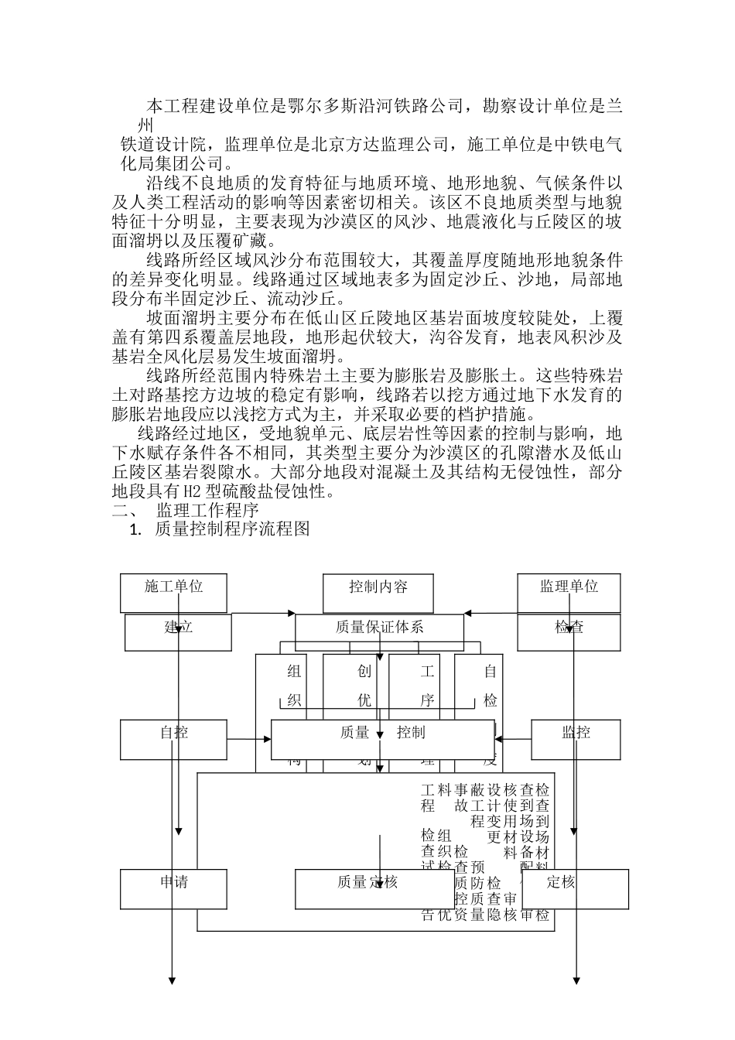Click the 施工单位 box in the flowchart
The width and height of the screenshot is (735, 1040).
click(x=174, y=593)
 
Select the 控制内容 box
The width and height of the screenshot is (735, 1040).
click(x=378, y=593)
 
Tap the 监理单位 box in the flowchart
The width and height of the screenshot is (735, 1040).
click(x=569, y=593)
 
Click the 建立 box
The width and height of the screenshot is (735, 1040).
click(x=178, y=631)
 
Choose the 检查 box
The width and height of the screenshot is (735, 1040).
click(x=569, y=631)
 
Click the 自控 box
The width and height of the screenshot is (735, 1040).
click(x=174, y=739)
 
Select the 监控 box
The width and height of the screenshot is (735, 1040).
click(x=576, y=739)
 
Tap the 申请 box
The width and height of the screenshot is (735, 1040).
click(x=174, y=888)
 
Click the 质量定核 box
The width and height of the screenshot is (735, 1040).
click(x=367, y=888)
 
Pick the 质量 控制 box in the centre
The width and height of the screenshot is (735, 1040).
click(x=382, y=739)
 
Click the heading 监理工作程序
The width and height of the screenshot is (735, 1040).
click(x=207, y=511)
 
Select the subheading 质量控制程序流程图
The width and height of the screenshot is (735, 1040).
click(x=232, y=529)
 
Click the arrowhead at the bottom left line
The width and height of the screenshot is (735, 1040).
click(x=173, y=980)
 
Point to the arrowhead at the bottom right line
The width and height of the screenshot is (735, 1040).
click(x=576, y=980)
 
